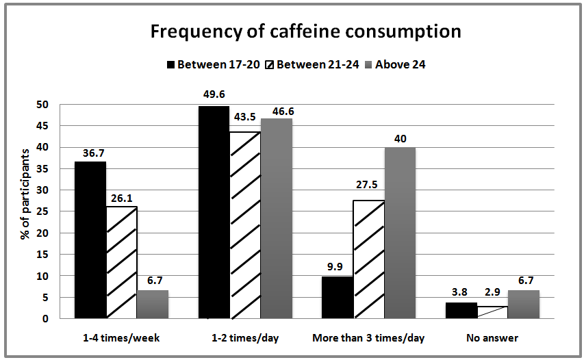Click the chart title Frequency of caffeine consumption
pos(305,31)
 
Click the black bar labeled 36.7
pos(91,240)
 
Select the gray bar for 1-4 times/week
pos(153,304)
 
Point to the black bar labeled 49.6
pos(214,211)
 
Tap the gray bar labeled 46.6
pos(276,218)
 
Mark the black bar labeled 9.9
pos(338,297)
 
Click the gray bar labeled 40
pos(399,233)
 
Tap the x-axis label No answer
pos(492,337)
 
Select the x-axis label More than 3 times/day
pos(368,337)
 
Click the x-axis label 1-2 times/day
pos(244,337)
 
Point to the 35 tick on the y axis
pos(45,168)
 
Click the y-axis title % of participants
pos(25,192)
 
